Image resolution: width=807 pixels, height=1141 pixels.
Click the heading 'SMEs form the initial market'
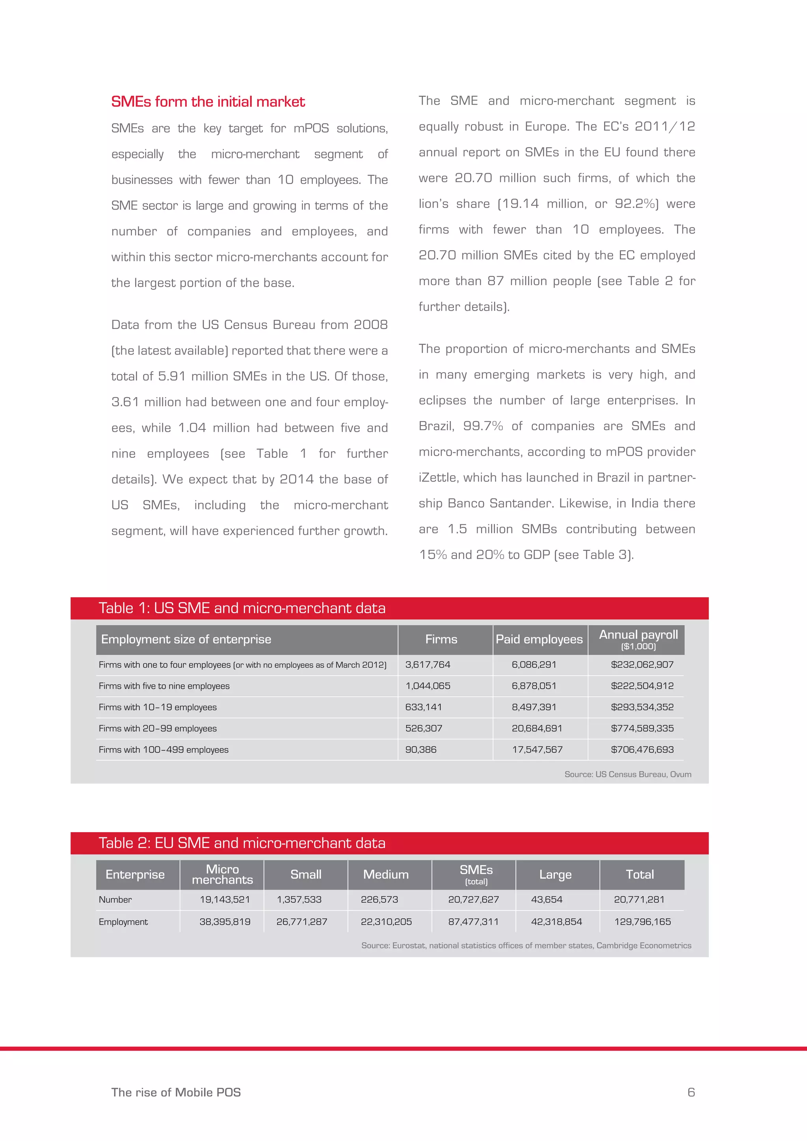(208, 102)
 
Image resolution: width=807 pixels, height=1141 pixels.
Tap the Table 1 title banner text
(242, 608)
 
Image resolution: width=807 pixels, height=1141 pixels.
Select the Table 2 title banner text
(242, 843)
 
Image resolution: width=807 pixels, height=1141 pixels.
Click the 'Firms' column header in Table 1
(441, 639)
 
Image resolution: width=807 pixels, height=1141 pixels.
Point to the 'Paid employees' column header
(539, 639)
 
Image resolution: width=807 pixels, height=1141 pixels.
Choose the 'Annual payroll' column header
(638, 635)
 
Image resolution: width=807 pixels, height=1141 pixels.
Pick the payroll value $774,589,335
(642, 728)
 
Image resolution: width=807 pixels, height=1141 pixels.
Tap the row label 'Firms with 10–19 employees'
(158, 707)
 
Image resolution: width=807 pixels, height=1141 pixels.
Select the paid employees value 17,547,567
(537, 750)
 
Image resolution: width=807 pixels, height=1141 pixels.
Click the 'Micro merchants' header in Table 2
(222, 875)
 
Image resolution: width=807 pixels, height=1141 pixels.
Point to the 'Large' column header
(555, 875)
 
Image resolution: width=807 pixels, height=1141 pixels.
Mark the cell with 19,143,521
(225, 900)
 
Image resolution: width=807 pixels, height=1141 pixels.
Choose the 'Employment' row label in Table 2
(123, 922)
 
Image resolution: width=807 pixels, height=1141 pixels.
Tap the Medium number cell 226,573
(379, 900)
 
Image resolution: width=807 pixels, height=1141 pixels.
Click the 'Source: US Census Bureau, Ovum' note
(628, 774)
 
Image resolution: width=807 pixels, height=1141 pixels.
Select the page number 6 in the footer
(691, 1092)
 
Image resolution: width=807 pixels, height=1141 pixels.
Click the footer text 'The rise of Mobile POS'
(176, 1092)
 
